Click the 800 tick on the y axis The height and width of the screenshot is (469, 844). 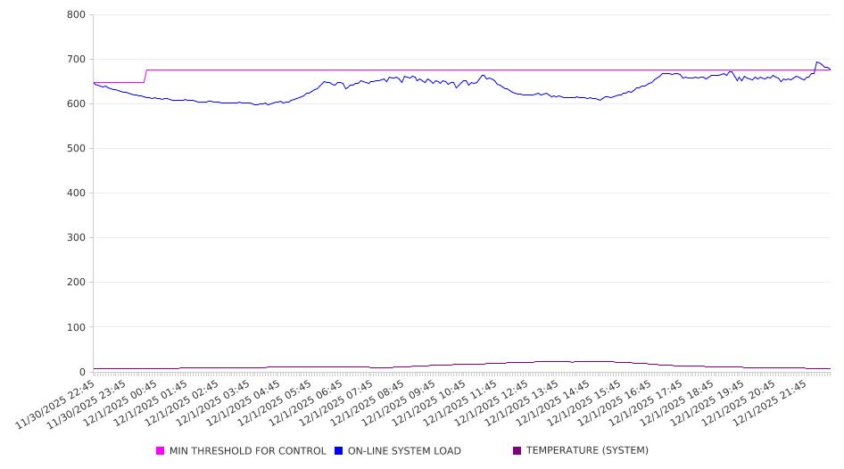click(x=76, y=15)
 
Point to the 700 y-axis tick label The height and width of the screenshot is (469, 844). click(x=76, y=60)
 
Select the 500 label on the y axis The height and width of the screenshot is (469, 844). click(x=76, y=149)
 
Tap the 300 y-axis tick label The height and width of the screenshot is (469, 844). click(x=76, y=238)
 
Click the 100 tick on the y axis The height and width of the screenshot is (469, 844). click(x=76, y=327)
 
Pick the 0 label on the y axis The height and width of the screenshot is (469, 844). click(x=81, y=372)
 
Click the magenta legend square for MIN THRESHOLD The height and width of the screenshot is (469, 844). click(x=161, y=451)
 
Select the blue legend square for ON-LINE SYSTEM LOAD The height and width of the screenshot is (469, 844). click(x=339, y=451)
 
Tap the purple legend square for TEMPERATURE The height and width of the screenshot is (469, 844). click(x=517, y=451)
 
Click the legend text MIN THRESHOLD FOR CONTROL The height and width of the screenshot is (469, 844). click(x=248, y=451)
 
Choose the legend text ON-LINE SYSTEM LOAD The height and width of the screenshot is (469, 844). click(x=404, y=451)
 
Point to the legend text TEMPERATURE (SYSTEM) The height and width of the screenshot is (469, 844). click(x=587, y=451)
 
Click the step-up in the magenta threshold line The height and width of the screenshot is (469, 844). click(x=145, y=76)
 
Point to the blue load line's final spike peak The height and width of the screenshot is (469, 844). click(x=817, y=62)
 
